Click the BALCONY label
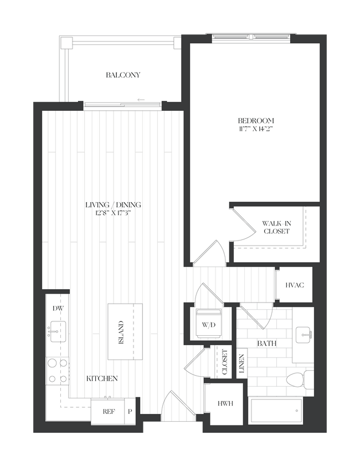coord(123,75)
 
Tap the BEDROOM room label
coord(256,120)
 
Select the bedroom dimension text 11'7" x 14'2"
coord(256,129)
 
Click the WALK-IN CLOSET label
coord(276,227)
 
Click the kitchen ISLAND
coord(121,332)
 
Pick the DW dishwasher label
coord(57,309)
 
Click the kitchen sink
coord(57,330)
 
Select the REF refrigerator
coord(109,412)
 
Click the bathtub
coord(275,411)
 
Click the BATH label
coord(266,344)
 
